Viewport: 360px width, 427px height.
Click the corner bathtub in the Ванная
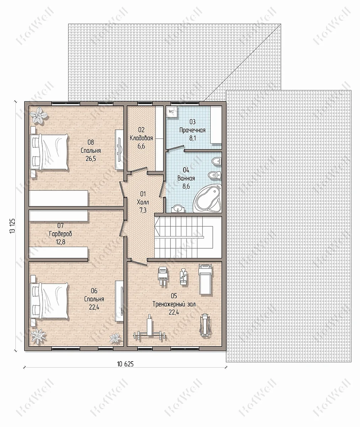(x=208, y=198)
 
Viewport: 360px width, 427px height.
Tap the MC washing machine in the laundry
(x=172, y=112)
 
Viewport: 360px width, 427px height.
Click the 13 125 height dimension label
(x=12, y=226)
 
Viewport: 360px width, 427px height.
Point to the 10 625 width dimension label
(x=125, y=364)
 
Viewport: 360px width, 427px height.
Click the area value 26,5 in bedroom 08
(x=91, y=158)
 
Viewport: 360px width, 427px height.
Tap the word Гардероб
(x=60, y=234)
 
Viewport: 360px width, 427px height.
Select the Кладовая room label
(x=141, y=138)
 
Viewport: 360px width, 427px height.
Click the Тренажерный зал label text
(x=174, y=304)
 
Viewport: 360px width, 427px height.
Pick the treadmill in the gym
(x=205, y=279)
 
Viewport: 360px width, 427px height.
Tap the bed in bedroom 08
(x=49, y=152)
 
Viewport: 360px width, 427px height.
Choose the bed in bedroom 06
(x=49, y=301)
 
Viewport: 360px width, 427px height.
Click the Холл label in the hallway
(x=143, y=202)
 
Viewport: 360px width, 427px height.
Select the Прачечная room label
(x=192, y=130)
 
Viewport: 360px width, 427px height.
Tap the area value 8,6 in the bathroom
(x=186, y=186)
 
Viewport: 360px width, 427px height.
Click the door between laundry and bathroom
(x=176, y=148)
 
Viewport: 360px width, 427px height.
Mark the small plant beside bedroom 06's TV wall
(x=115, y=337)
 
